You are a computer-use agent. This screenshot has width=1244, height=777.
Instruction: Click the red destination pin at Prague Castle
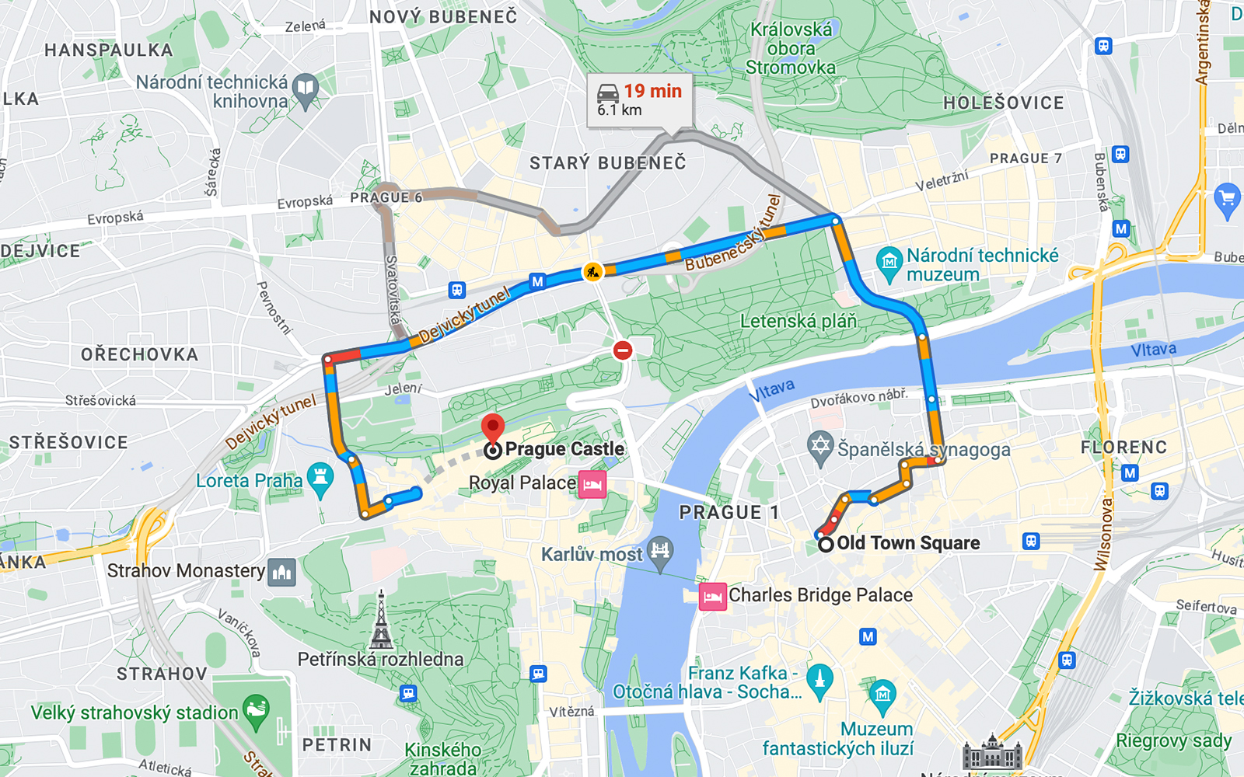tap(493, 427)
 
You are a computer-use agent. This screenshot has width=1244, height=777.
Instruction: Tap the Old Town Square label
tap(907, 543)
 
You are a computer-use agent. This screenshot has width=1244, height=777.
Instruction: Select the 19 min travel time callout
tap(639, 99)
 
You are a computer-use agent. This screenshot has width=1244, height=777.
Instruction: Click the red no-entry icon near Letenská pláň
tap(622, 350)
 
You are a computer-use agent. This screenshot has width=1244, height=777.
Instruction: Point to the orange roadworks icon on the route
tap(593, 272)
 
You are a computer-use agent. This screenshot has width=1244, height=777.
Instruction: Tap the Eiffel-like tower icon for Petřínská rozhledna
tap(381, 621)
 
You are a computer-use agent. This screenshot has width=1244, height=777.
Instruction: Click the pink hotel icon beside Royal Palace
tap(592, 484)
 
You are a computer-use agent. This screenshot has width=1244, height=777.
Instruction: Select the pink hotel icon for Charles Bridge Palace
tap(712, 597)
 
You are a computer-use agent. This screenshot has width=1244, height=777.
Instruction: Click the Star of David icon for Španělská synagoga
tap(820, 447)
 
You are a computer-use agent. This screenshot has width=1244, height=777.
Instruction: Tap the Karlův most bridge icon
tap(660, 552)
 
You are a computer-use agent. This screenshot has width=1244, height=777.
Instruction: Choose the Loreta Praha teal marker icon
tap(320, 479)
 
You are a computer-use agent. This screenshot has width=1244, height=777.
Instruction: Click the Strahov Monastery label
tap(186, 571)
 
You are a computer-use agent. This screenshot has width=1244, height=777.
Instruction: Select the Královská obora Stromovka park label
tap(791, 48)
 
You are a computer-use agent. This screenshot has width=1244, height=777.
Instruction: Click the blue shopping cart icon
tap(1227, 199)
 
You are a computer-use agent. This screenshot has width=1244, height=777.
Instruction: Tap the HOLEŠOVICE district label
tap(1003, 103)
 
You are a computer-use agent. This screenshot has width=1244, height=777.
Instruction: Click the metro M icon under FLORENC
tap(1130, 472)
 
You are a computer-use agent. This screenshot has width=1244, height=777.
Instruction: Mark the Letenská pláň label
tap(798, 321)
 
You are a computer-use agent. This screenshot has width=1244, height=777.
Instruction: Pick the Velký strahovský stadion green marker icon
tap(256, 709)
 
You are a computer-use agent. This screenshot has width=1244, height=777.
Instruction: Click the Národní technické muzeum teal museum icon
tap(889, 263)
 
